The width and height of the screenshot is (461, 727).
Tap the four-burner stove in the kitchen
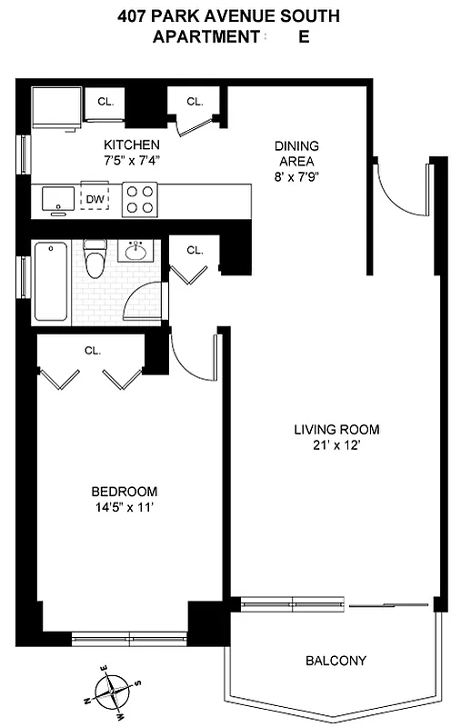point(140,199)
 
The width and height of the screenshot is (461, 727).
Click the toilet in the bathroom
point(95,259)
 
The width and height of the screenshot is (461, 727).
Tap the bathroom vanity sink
point(138,251)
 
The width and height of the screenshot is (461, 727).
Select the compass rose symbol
point(112,692)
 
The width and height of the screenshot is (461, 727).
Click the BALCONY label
point(336,661)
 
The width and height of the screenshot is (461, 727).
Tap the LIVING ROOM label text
point(336,429)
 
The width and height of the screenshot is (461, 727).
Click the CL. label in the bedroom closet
point(92,349)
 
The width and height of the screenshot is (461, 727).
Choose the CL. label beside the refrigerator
point(105,102)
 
